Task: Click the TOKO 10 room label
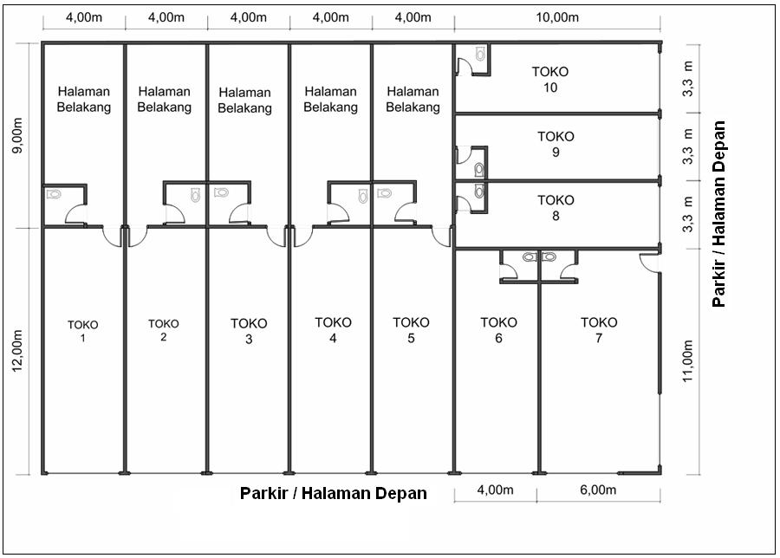pyautogui.click(x=549, y=80)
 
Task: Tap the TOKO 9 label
pyautogui.click(x=556, y=144)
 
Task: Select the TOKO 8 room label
pyautogui.click(x=556, y=208)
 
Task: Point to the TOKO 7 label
pyautogui.click(x=599, y=330)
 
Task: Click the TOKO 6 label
pyautogui.click(x=498, y=330)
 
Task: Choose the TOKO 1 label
pyautogui.click(x=82, y=331)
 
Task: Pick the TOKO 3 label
pyautogui.click(x=249, y=331)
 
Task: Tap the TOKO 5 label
pyautogui.click(x=411, y=330)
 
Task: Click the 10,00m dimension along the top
pyautogui.click(x=557, y=17)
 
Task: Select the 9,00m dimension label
pyautogui.click(x=18, y=136)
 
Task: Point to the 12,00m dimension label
pyautogui.click(x=18, y=350)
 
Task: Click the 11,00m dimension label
pyautogui.click(x=687, y=361)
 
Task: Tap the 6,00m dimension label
pyautogui.click(x=598, y=490)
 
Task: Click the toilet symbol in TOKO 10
pyautogui.click(x=480, y=54)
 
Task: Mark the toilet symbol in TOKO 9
pyautogui.click(x=478, y=170)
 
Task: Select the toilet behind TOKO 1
pyautogui.click(x=54, y=194)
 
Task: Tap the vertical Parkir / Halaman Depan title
pyautogui.click(x=718, y=214)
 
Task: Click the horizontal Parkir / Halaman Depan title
pyautogui.click(x=334, y=493)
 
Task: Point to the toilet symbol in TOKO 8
pyautogui.click(x=478, y=191)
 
